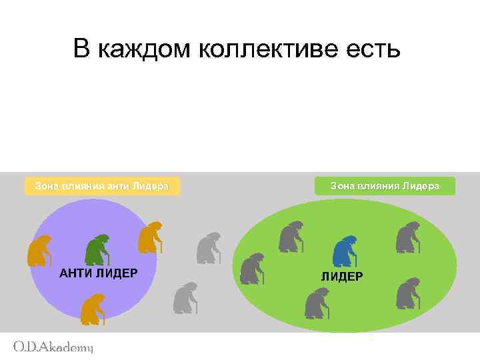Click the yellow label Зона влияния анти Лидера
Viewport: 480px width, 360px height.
point(102,186)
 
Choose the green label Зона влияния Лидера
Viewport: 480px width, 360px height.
point(385,186)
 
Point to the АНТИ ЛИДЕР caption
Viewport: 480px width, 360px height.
point(98,273)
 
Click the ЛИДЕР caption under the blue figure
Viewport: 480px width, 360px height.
point(342,276)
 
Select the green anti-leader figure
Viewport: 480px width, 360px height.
point(97,250)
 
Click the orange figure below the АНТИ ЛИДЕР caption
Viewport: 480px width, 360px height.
point(92,309)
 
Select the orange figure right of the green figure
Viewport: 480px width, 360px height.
point(149,237)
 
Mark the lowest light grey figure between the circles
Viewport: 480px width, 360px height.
point(185,298)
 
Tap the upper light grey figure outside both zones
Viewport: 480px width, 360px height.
point(209,247)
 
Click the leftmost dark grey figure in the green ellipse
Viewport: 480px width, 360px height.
point(252,268)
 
